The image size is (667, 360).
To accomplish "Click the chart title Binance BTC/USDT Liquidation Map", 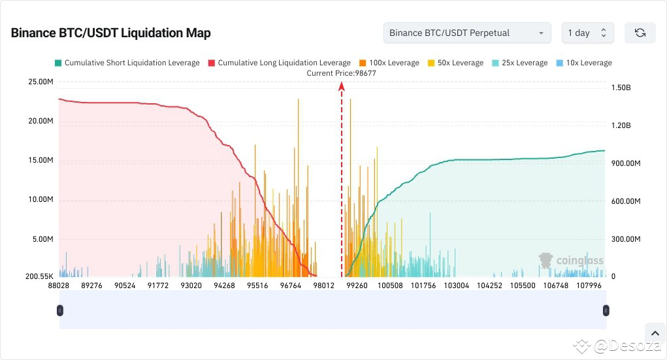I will (110, 33).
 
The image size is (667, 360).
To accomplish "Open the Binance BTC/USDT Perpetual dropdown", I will (466, 33).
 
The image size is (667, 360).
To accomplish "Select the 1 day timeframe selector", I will (587, 33).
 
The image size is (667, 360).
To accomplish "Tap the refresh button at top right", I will (640, 33).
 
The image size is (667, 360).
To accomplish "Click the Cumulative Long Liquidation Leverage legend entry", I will (279, 63).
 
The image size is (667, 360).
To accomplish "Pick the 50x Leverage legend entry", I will (455, 63).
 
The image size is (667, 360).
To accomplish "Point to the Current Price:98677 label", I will (341, 73).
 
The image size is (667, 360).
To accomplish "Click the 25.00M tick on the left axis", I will (40, 82).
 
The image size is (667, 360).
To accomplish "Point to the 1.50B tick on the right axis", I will (621, 88).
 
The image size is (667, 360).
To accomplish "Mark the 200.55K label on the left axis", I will (39, 276).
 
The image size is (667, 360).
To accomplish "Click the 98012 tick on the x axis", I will (323, 286).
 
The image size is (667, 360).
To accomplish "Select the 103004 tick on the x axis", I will (456, 286).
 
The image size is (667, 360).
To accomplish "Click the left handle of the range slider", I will (61, 310).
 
